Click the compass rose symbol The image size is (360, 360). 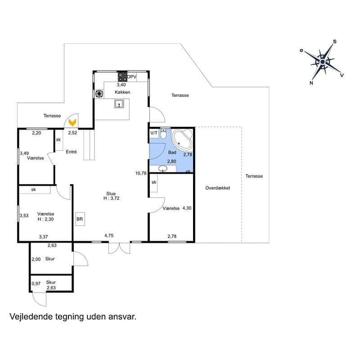tap(323, 62)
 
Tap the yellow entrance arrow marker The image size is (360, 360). tap(72, 121)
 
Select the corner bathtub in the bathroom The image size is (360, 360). tap(183, 140)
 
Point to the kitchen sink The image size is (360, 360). tap(119, 104)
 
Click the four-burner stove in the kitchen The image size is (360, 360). tap(122, 77)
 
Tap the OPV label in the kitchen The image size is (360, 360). tap(132, 77)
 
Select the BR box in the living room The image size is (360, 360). tap(80, 219)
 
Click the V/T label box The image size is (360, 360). tap(154, 133)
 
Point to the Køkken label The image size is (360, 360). tap(122, 92)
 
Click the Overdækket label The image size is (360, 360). tap(217, 188)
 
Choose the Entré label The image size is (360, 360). tap(72, 152)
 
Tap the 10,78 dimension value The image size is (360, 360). tap(141, 173)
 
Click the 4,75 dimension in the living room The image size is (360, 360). tap(109, 235)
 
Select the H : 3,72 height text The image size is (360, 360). tap(111, 198)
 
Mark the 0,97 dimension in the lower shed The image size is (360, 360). tap(36, 284)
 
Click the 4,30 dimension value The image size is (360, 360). tap(187, 208)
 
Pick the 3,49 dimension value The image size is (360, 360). tap(24, 153)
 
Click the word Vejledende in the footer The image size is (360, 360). tap(29, 317)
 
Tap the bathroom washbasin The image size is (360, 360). tap(163, 169)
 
